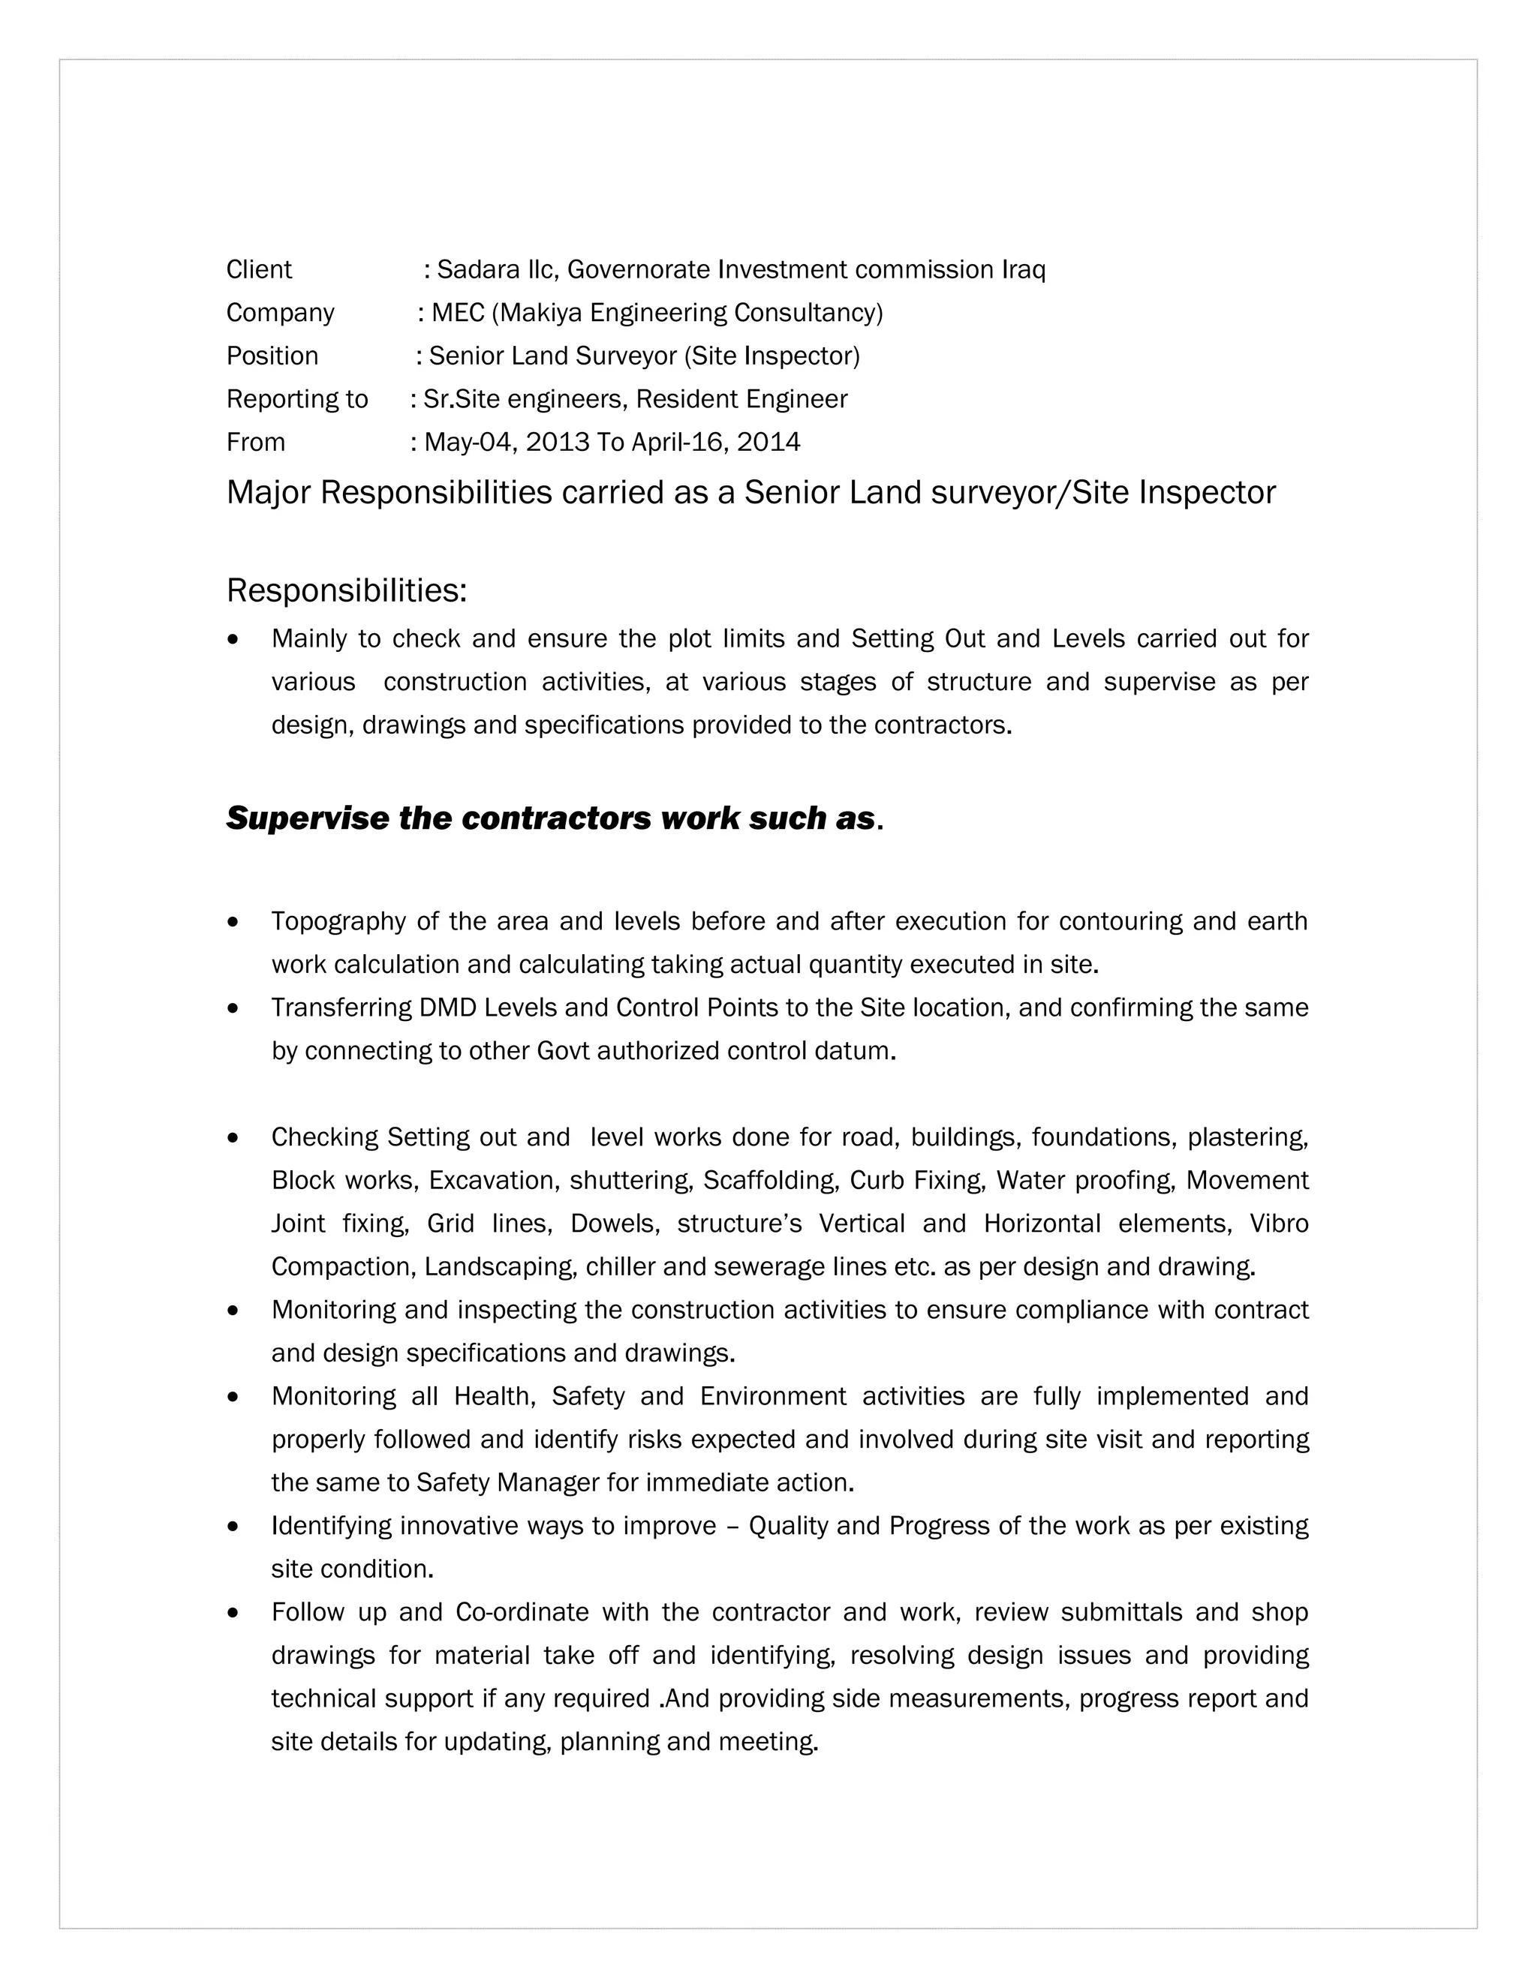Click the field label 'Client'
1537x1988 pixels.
point(259,269)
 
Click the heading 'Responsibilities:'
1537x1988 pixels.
point(346,590)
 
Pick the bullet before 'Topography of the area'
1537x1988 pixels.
point(234,922)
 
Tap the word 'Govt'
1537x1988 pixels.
point(564,1050)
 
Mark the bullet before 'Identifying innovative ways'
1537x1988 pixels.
point(234,1527)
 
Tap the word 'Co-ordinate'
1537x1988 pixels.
point(522,1612)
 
